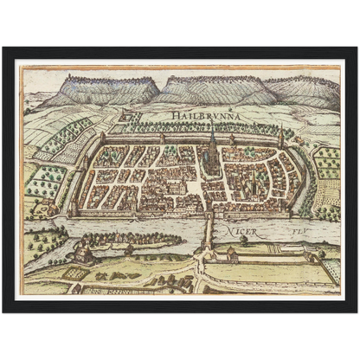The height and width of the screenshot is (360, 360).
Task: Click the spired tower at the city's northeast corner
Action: [x=281, y=137]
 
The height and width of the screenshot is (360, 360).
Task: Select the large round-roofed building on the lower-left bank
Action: [x=83, y=252]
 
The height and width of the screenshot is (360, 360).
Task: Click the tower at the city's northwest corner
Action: [x=103, y=138]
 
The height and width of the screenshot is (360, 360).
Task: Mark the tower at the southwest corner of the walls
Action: [x=73, y=209]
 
